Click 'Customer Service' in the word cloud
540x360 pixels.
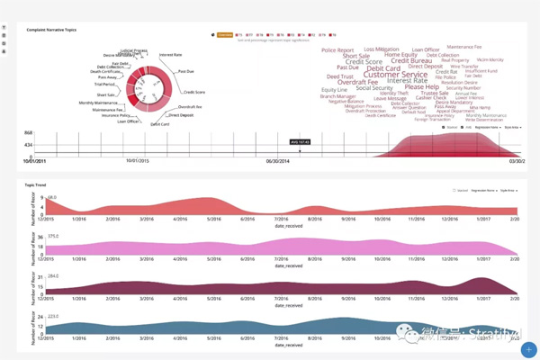394,75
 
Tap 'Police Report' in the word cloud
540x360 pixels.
338,50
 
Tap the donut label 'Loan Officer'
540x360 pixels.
127,121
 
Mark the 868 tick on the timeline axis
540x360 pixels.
28,133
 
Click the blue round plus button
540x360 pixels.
529,349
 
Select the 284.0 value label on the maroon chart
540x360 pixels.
52,275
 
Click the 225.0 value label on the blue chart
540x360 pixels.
52,316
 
